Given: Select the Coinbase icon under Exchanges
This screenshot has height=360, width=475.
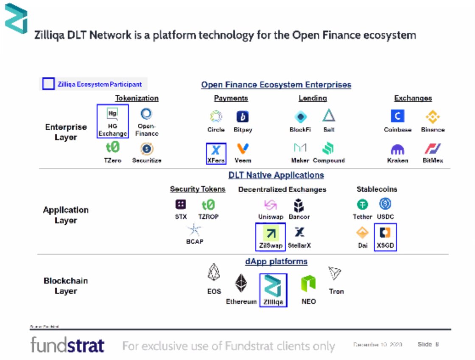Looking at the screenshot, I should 397,116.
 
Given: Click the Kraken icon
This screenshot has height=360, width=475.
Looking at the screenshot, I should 397,149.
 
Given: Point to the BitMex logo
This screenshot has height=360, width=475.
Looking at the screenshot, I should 433,149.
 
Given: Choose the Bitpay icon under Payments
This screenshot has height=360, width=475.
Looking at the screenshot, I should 243,117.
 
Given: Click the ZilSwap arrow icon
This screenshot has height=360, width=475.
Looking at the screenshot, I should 271,233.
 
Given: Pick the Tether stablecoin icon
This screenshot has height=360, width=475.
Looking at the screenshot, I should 363,205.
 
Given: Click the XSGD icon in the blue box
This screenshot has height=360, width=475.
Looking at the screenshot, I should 385,233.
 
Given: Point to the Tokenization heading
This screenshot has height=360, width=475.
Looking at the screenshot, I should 137,98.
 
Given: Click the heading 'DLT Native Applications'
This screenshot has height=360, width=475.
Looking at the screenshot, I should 276,175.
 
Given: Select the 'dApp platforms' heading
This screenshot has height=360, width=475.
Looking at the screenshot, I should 276,261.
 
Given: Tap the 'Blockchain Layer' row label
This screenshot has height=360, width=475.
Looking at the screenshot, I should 66,286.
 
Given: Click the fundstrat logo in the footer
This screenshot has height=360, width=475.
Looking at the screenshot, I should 67,345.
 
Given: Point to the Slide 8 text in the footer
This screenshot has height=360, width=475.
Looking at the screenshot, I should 427,344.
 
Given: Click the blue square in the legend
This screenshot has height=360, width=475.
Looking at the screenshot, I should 48,84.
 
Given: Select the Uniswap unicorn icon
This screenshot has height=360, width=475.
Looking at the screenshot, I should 271,205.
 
